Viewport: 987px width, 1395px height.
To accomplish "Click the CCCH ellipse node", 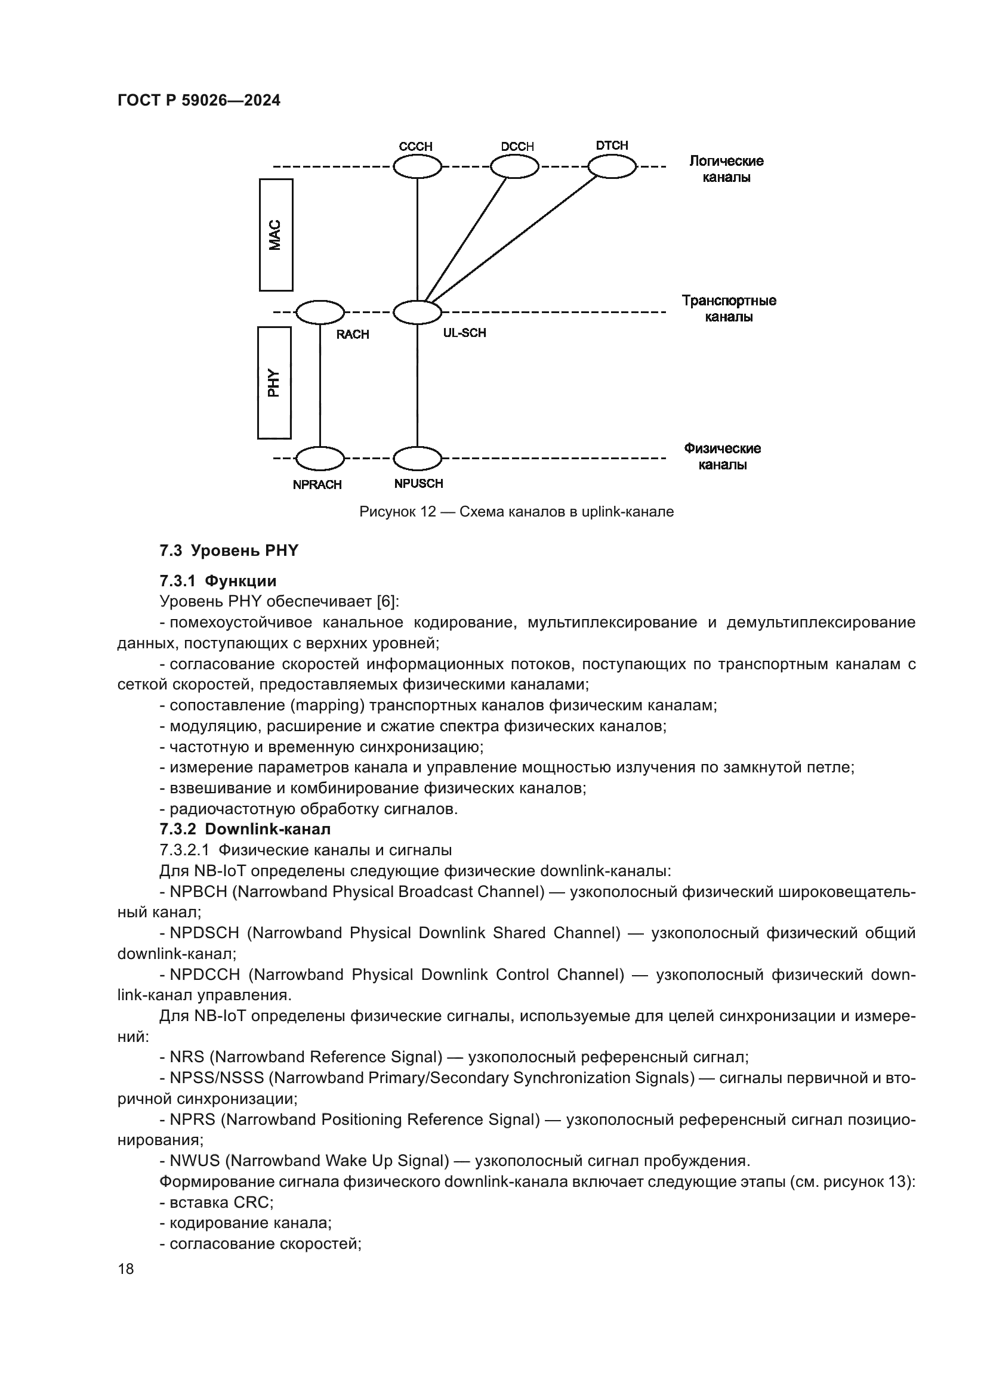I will [417, 166].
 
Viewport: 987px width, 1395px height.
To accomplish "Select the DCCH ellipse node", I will [514, 166].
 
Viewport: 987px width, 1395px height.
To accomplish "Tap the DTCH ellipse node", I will [612, 166].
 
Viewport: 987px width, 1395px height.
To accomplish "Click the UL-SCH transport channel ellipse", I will [417, 313].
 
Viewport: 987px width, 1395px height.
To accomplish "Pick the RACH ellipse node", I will [320, 313].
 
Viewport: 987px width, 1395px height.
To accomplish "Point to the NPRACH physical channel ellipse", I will [320, 458].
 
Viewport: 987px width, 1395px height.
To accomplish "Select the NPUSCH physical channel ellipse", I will [417, 458].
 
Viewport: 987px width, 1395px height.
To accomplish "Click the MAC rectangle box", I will [276, 234].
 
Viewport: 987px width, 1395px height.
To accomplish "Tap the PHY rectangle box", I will [274, 383].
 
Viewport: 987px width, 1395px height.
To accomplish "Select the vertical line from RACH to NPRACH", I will [320, 385].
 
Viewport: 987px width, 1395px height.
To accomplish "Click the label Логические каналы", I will [726, 169].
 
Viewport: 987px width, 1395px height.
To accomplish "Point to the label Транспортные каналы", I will [729, 309].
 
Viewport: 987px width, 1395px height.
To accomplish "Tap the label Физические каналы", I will [722, 456].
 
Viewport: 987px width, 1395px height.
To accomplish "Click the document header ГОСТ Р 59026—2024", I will [199, 100].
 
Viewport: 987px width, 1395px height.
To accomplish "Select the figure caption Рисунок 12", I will [516, 512].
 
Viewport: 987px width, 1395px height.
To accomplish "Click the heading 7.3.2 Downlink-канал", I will [245, 829].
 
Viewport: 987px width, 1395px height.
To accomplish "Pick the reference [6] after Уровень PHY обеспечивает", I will [387, 602].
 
